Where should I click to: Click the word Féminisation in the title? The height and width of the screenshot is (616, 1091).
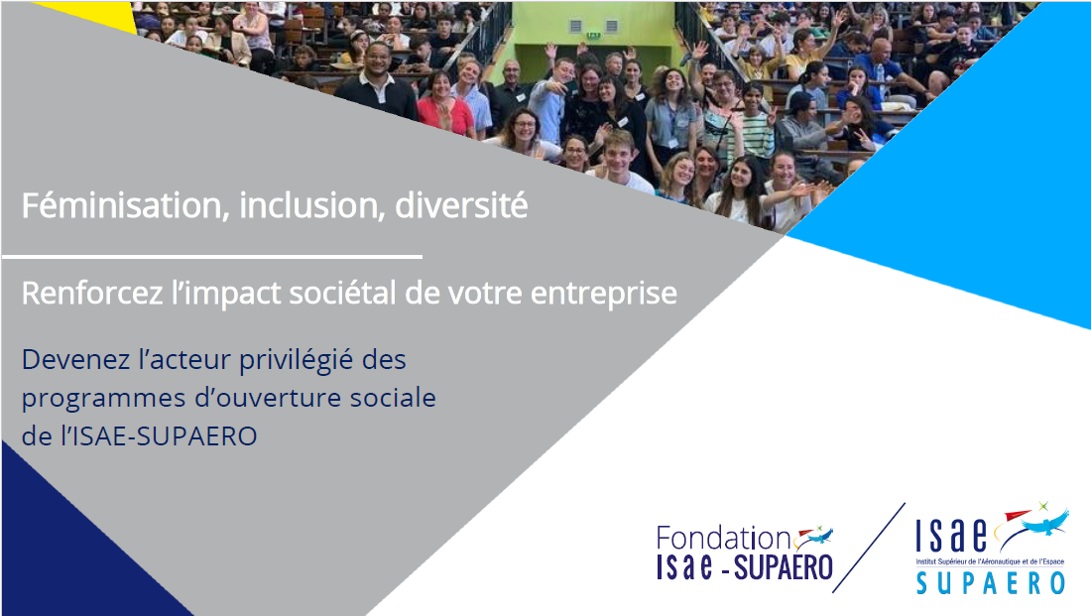point(122,206)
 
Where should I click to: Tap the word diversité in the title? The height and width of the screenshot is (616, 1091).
point(461,206)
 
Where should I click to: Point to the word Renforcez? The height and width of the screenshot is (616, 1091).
point(92,293)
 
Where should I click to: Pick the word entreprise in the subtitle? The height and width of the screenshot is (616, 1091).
point(604,294)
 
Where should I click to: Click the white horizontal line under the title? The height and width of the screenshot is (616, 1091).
point(212,257)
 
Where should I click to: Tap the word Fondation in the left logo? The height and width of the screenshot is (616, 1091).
point(723,539)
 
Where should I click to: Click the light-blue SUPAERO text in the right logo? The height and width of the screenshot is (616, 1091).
point(991,582)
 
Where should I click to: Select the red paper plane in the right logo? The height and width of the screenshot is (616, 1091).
point(1018,515)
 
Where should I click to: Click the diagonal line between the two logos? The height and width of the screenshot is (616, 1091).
point(869,548)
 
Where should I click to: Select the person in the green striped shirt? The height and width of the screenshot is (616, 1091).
point(754,125)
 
